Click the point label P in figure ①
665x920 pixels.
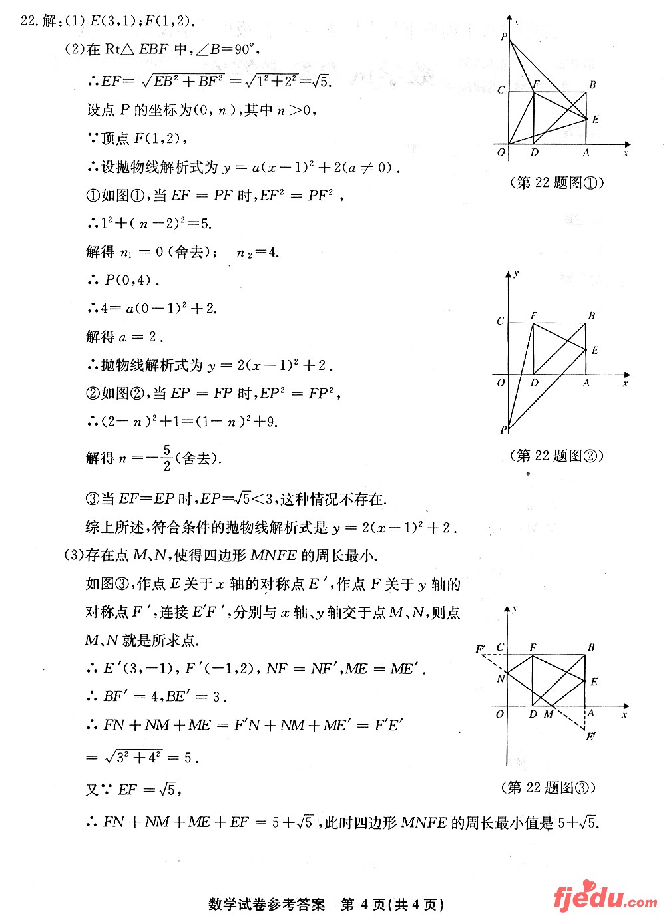pyautogui.click(x=504, y=37)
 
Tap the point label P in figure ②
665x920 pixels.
pyautogui.click(x=503, y=430)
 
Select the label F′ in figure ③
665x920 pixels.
pyautogui.click(x=481, y=649)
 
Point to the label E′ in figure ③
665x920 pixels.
pyautogui.click(x=590, y=736)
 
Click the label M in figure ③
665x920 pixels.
pyautogui.click(x=549, y=714)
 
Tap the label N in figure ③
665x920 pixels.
pyautogui.click(x=501, y=679)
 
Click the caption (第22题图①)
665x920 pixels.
pyautogui.click(x=556, y=182)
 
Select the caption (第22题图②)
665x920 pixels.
pyautogui.click(x=556, y=456)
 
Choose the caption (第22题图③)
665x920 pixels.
pyautogui.click(x=548, y=788)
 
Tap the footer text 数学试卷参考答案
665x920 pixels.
pyautogui.click(x=266, y=905)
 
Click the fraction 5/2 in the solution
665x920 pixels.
pyautogui.click(x=166, y=458)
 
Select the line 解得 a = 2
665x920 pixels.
pyautogui.click(x=124, y=337)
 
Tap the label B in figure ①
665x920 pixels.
pyautogui.click(x=592, y=84)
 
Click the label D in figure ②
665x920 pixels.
pyautogui.click(x=535, y=383)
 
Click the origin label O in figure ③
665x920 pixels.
pyautogui.click(x=500, y=714)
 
